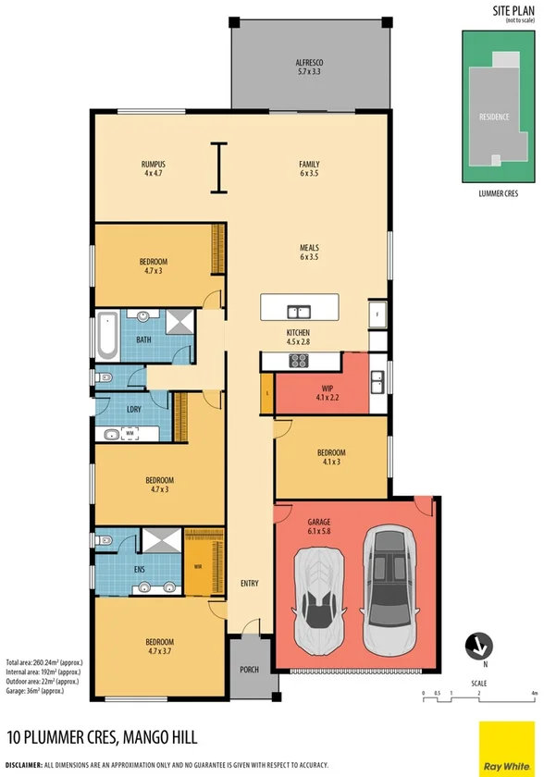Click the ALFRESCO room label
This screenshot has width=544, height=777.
[x=309, y=66]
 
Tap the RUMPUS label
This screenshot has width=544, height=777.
[x=153, y=168]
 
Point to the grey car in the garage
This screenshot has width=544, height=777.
[x=389, y=588]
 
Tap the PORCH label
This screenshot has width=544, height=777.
[x=248, y=670]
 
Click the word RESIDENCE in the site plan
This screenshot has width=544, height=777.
[x=494, y=117]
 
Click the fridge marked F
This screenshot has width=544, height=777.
[x=377, y=314]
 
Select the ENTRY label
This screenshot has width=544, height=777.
[x=250, y=584]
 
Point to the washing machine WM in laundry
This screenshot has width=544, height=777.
[x=130, y=432]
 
